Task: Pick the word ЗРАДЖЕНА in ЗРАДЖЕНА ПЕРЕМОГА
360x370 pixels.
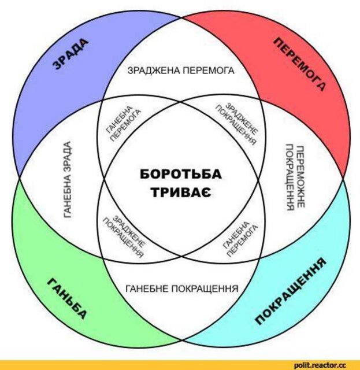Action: pyautogui.click(x=152, y=72)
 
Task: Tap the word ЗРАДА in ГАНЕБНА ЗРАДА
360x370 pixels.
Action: pyautogui.click(x=68, y=154)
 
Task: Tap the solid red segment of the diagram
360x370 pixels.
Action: pyautogui.click(x=306, y=110)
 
